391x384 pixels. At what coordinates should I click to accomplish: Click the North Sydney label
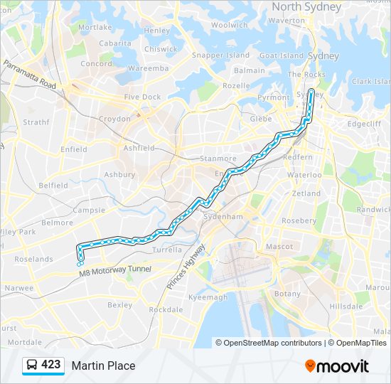point(306,6)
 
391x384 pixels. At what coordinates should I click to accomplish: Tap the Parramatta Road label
point(29,75)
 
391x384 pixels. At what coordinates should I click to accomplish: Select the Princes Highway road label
point(186,266)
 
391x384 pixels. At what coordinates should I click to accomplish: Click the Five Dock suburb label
point(142,97)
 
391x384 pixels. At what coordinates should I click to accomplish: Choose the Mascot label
point(279,247)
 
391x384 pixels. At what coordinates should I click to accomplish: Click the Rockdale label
point(166,309)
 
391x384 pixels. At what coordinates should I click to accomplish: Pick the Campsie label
point(89,210)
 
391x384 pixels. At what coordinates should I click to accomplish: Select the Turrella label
point(168,250)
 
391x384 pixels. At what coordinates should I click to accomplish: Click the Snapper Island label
point(221,55)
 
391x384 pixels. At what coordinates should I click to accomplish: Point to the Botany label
point(287,294)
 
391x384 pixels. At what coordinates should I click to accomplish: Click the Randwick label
point(373,210)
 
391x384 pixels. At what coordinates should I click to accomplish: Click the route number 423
point(51,365)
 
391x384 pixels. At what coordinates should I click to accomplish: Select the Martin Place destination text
point(103,366)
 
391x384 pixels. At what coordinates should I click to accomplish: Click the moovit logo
point(337,366)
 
